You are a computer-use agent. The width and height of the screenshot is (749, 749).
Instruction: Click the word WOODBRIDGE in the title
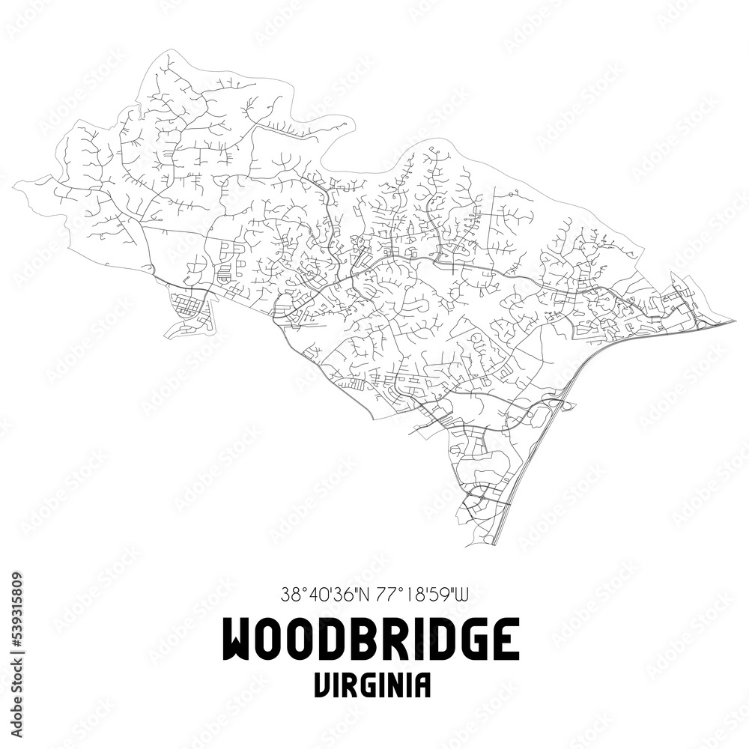(372, 639)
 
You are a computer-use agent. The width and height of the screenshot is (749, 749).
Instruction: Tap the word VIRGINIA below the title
(372, 685)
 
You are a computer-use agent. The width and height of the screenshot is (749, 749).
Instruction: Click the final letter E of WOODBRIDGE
(504, 639)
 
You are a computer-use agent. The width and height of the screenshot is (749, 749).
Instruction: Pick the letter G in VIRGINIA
(367, 685)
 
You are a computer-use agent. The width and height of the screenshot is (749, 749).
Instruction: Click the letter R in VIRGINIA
(349, 685)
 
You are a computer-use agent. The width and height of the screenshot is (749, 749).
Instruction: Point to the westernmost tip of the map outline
(16, 182)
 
